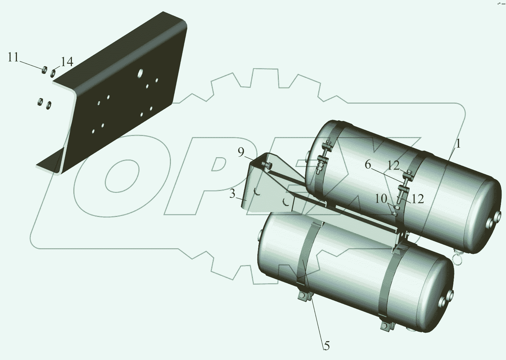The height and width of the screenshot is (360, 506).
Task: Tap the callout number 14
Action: click(67, 62)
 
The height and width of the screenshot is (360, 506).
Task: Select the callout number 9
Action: click(241, 153)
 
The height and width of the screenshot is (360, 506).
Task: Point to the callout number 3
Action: click(232, 194)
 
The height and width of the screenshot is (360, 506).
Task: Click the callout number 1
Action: click(458, 144)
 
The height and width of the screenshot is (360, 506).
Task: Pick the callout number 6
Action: click(368, 165)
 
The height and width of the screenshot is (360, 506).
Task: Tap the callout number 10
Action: click(381, 199)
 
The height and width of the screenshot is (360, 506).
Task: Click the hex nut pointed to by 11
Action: click(44, 69)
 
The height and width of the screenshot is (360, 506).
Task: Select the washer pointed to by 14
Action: click(53, 73)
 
